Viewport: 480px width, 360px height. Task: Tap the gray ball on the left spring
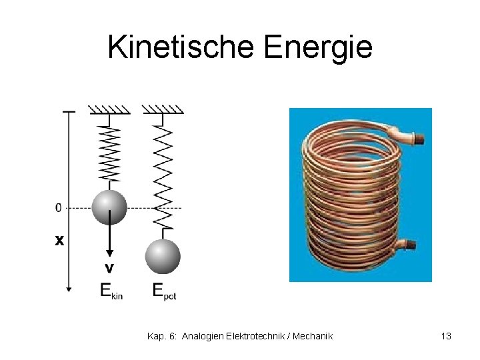point(109,207)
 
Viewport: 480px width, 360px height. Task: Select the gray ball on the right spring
point(163,256)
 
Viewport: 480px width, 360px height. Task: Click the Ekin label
point(111,290)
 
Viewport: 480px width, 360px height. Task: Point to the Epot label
point(164,290)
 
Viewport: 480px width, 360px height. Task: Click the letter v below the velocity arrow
point(109,268)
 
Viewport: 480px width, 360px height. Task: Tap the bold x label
point(59,240)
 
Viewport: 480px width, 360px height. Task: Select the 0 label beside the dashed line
point(59,208)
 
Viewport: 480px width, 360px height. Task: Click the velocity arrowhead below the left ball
point(109,254)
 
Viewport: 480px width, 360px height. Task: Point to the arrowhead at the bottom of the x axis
point(68,289)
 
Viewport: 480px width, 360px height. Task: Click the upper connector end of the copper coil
point(417,139)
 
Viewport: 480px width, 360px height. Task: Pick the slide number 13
point(446,336)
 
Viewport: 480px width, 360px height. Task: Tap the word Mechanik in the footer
point(312,336)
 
